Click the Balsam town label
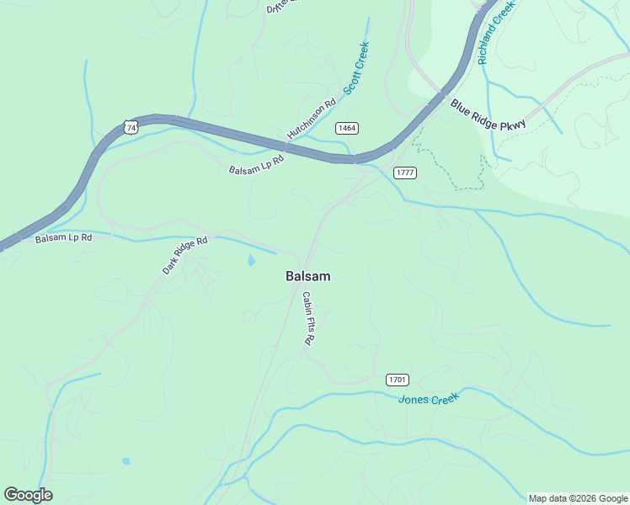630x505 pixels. tap(307, 276)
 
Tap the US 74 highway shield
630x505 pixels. tap(128, 127)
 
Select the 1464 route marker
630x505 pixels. tap(346, 128)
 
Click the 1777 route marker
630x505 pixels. tap(405, 173)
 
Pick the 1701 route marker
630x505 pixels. tap(398, 380)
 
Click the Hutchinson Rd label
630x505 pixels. tap(311, 119)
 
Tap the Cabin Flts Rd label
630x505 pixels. tap(308, 319)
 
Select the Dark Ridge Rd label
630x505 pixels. tap(184, 256)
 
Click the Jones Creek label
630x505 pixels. tap(429, 398)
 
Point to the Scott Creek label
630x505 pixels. tap(356, 68)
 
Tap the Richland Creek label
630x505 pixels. tap(495, 33)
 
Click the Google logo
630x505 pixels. tap(28, 495)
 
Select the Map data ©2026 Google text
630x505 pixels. tap(579, 498)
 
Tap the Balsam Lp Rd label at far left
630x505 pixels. tap(63, 238)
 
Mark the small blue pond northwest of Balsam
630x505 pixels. tap(251, 261)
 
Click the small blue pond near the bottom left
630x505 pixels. tap(126, 461)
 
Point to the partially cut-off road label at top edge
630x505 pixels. tap(283, 6)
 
